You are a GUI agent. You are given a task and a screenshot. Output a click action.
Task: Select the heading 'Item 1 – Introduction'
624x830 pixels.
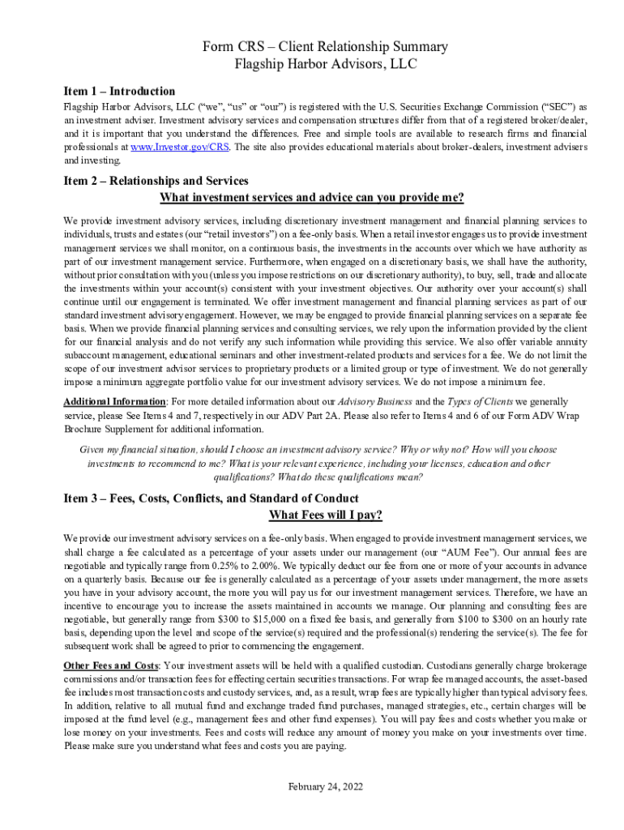(x=119, y=92)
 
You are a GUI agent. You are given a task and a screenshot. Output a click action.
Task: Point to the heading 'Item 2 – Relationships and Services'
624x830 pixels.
(x=156, y=181)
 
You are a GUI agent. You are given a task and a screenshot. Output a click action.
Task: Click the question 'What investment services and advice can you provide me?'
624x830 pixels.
(x=312, y=198)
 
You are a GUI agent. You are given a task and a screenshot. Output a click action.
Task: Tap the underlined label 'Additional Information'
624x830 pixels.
(x=115, y=402)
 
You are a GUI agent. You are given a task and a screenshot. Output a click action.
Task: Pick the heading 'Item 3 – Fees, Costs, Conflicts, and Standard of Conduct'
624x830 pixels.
(x=211, y=498)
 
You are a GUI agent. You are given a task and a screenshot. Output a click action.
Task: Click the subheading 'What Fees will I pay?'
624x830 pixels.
(x=325, y=516)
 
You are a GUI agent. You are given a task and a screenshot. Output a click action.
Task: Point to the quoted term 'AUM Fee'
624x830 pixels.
(x=475, y=552)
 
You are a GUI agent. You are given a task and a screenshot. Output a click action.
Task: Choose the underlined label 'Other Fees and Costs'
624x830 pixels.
(x=111, y=665)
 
